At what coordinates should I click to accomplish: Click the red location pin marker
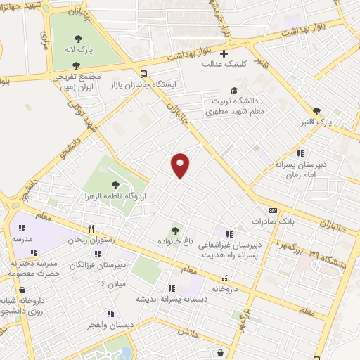coord(181,165)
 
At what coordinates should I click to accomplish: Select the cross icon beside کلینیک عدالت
coord(224,54)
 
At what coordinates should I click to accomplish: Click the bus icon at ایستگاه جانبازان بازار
coord(143,74)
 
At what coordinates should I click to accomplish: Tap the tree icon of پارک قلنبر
coord(316,110)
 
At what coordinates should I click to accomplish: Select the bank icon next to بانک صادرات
coord(273,210)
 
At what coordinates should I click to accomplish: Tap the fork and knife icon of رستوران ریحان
coord(91,229)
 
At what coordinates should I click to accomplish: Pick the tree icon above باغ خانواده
coord(174,230)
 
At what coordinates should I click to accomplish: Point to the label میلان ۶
coord(112,283)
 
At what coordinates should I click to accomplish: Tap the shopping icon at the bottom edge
coord(221,354)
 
